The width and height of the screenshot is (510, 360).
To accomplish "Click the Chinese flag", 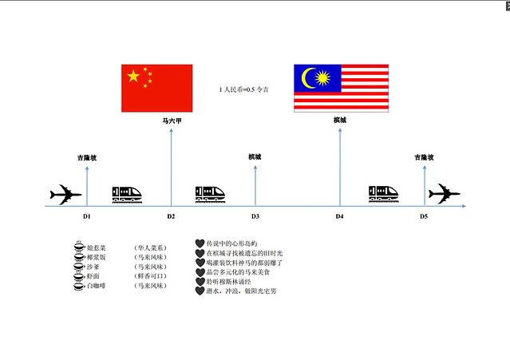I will tap(156, 88).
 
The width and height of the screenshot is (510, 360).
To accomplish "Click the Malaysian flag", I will tap(341, 88).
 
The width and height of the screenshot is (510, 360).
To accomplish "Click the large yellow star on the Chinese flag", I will tap(133, 77).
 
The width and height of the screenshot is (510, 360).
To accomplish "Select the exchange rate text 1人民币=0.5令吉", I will tap(243, 90).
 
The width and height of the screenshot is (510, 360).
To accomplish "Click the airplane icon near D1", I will tap(65, 194).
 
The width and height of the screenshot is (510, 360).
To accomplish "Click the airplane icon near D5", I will tap(444, 194).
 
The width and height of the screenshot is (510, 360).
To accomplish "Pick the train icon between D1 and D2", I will tap(127, 194).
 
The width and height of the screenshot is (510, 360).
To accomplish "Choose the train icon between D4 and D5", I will tap(385, 194).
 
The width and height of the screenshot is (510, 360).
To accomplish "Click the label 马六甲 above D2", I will tap(172, 120).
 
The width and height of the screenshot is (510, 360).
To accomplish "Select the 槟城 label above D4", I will tap(340, 120).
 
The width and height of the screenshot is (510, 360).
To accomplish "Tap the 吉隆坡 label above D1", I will tap(87, 157).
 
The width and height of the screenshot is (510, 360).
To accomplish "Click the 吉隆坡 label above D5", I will tap(424, 157).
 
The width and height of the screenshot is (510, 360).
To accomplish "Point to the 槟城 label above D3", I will tap(255, 156).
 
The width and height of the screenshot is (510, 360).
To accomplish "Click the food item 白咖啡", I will tap(107, 285).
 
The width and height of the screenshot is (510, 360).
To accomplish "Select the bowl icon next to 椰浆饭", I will tap(78, 257).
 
